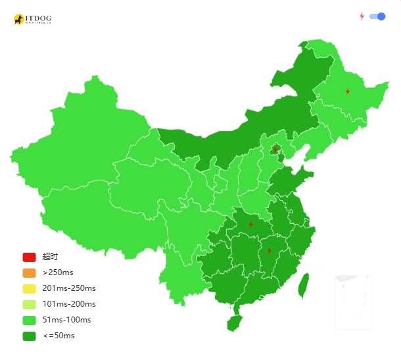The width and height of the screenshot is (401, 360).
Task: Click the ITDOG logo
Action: click(x=32, y=19)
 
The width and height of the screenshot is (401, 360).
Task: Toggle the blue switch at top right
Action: click(x=377, y=16)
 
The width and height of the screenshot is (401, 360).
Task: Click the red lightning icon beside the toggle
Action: click(x=362, y=16)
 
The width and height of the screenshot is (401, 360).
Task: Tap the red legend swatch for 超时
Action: click(x=29, y=257)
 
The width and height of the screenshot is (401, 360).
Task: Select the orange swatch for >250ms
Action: click(x=29, y=272)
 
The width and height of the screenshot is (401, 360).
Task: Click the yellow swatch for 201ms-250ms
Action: click(x=29, y=288)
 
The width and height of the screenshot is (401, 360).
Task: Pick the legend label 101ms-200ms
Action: click(x=69, y=304)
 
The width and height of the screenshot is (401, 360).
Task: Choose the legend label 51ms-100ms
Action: click(x=66, y=320)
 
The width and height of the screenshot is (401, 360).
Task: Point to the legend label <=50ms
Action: click(x=59, y=336)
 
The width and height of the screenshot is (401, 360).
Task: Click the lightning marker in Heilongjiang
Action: click(x=348, y=91)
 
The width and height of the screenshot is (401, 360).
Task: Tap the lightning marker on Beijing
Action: click(x=276, y=149)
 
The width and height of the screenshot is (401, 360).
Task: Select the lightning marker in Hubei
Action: click(x=250, y=224)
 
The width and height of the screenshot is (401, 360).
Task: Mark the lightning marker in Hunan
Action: click(x=269, y=251)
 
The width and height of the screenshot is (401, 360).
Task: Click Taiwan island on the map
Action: click(x=304, y=286)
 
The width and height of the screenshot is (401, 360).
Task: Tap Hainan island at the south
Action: click(x=234, y=322)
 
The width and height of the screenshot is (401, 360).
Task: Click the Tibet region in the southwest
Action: click(x=85, y=211)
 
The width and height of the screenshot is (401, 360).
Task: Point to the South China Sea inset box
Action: click(x=354, y=302)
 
